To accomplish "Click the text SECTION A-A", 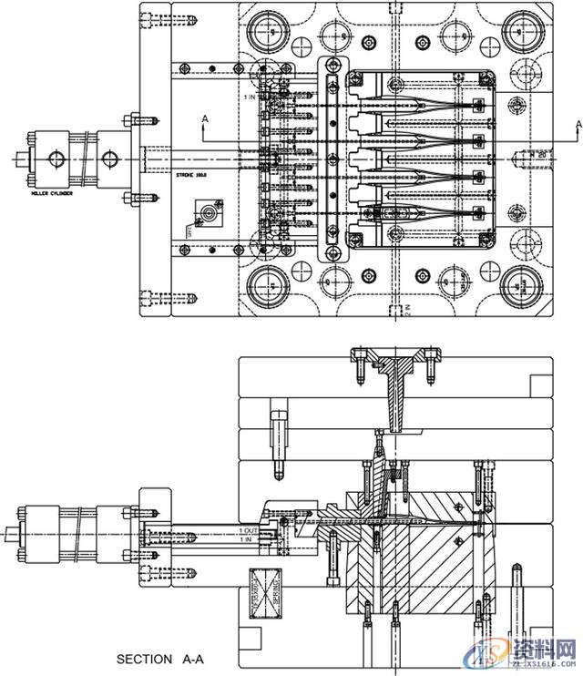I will [x=159, y=658].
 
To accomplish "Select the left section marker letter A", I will [x=205, y=119].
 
